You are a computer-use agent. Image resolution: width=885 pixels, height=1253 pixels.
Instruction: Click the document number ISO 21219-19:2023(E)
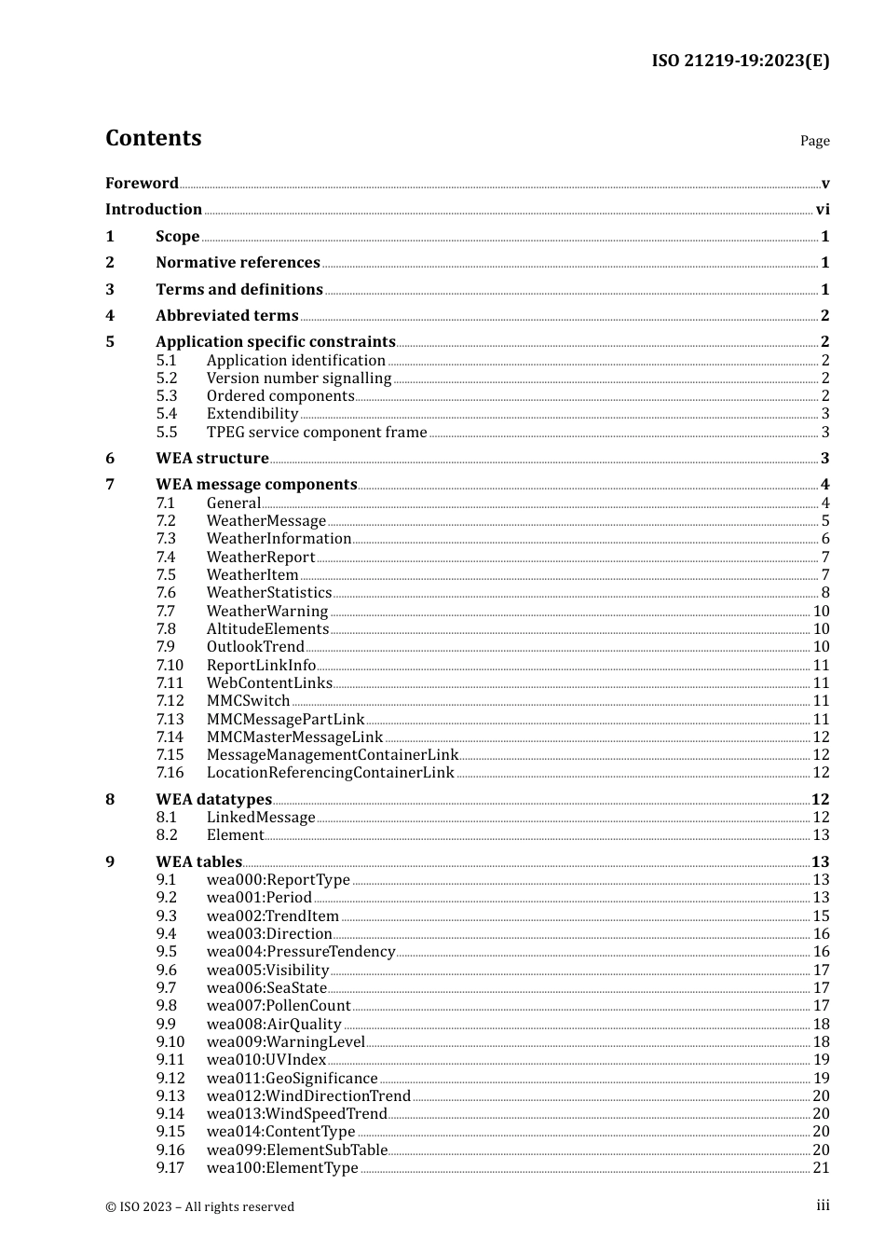[x=740, y=62]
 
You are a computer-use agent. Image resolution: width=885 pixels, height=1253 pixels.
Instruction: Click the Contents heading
[x=153, y=138]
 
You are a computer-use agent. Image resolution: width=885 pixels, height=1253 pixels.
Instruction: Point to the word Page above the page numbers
[x=814, y=141]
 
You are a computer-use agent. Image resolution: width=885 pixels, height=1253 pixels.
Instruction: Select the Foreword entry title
[x=142, y=183]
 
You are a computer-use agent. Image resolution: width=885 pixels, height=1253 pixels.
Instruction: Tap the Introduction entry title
[x=154, y=209]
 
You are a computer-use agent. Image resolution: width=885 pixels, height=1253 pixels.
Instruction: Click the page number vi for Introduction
[x=823, y=209]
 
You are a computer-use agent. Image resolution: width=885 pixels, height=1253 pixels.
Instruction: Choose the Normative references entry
[x=238, y=262]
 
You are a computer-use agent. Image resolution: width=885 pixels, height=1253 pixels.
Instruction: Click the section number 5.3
[x=167, y=395]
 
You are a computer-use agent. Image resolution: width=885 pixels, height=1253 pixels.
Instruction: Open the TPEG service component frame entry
[x=316, y=432]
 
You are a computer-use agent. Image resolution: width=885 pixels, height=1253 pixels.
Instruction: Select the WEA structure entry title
[x=211, y=458]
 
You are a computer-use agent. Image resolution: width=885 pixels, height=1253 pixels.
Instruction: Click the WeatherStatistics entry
[x=268, y=592]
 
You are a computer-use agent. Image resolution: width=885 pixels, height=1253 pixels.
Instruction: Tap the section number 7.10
[x=170, y=665]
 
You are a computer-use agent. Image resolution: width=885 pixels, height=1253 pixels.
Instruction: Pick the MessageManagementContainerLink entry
[x=332, y=754]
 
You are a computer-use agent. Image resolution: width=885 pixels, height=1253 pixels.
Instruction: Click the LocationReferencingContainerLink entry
[x=330, y=772]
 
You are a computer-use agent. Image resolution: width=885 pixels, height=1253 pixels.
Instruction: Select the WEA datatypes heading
[x=213, y=799]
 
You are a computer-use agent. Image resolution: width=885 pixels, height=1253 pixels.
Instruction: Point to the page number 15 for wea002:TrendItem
[x=821, y=916]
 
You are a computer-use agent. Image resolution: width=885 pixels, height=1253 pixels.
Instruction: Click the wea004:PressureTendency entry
[x=300, y=951]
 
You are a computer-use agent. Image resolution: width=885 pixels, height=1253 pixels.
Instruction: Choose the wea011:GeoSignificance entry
[x=292, y=1078]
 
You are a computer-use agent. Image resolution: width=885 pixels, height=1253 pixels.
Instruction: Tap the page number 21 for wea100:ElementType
[x=821, y=1167]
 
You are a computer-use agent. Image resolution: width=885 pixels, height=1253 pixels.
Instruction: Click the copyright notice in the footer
[x=199, y=1206]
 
